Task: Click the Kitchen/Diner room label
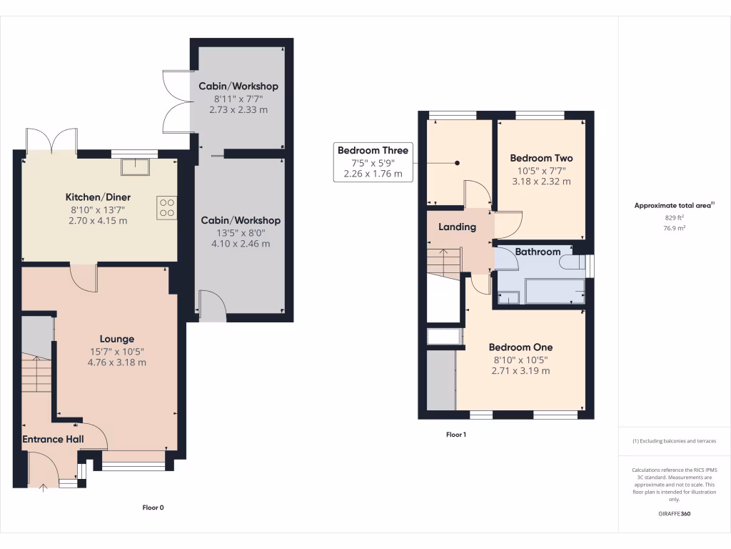(98, 197)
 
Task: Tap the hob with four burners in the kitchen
(166, 207)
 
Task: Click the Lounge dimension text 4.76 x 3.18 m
(116, 362)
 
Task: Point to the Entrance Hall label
(53, 439)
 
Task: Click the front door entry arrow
(44, 488)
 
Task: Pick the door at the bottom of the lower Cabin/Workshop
(211, 305)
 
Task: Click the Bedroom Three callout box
(373, 162)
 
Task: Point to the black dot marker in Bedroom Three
(458, 162)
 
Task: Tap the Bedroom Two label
(541, 158)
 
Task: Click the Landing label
(457, 227)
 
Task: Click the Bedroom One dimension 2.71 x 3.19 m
(520, 371)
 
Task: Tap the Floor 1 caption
(455, 435)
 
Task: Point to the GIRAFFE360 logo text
(674, 513)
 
